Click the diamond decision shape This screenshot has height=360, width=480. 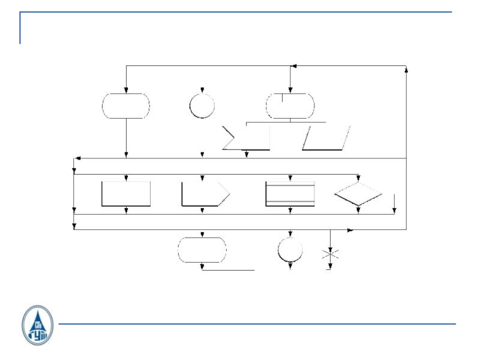[358, 194]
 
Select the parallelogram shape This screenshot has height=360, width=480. [326, 138]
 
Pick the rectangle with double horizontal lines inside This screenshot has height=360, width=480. [290, 194]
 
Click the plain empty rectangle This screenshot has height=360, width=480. [126, 194]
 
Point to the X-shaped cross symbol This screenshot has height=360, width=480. [330, 254]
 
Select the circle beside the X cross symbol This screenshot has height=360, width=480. [290, 250]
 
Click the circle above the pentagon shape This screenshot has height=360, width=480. [202, 106]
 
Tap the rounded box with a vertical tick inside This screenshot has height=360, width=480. [290, 106]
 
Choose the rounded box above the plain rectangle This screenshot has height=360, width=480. [126, 106]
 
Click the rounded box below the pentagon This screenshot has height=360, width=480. [202, 250]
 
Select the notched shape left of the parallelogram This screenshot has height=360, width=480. [246, 138]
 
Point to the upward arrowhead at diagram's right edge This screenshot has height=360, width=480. [407, 70]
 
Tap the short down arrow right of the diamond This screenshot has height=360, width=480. [394, 209]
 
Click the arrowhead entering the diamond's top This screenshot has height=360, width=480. [358, 178]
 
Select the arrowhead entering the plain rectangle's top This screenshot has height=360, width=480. [126, 178]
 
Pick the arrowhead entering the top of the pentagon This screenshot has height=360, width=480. [202, 178]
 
